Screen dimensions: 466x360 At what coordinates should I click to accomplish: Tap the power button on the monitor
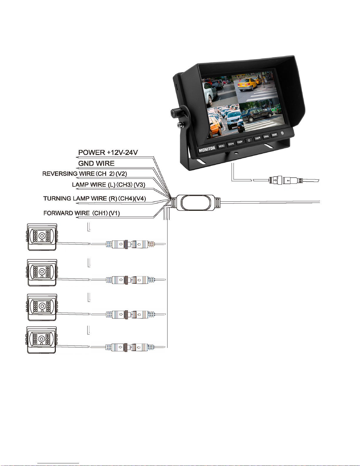point(249,141)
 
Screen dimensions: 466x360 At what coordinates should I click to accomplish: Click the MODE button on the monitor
point(274,135)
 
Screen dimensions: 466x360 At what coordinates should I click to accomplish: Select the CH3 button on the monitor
point(257,138)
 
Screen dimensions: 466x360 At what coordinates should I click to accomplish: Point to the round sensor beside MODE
point(283,133)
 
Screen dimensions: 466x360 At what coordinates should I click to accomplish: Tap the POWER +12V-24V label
point(108,153)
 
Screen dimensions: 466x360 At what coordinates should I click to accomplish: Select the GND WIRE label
point(96,163)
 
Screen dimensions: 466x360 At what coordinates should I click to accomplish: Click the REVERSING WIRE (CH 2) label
point(85,174)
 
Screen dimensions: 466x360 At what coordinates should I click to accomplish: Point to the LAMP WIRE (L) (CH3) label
point(108,185)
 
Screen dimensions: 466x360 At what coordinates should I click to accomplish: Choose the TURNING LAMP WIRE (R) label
point(94,198)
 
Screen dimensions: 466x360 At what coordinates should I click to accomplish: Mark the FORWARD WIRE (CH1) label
point(81,213)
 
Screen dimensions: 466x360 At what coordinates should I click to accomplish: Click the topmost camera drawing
point(42,237)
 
